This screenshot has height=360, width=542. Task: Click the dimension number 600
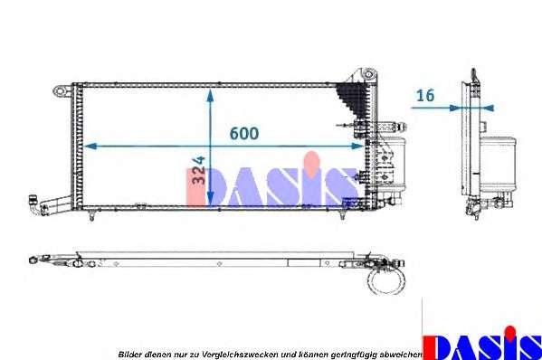244,133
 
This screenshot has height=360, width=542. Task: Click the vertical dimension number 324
199,170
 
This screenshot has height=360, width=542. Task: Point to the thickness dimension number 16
425,95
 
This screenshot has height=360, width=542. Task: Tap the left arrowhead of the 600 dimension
90,147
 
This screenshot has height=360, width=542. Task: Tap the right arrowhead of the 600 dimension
358,147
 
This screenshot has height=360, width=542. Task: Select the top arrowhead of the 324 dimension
210,95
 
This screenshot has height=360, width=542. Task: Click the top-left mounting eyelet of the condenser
60,90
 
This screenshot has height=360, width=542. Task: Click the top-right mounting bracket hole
369,73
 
